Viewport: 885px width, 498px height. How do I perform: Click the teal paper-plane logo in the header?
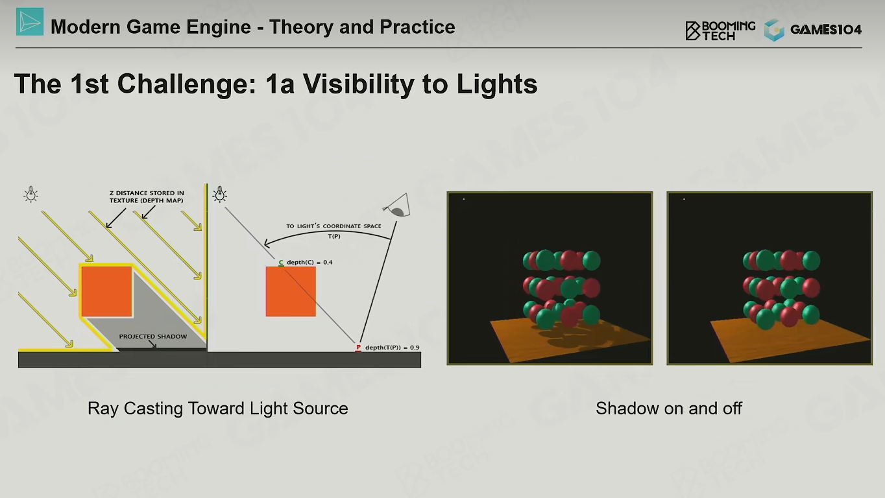pyautogui.click(x=30, y=21)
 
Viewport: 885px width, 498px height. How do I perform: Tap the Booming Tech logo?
pyautogui.click(x=720, y=30)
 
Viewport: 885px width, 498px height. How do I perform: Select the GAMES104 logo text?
pyautogui.click(x=826, y=30)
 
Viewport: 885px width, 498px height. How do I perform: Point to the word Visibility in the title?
pyautogui.click(x=358, y=84)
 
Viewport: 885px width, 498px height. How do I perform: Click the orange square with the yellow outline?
pyautogui.click(x=106, y=291)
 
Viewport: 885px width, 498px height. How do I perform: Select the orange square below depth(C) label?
pyautogui.click(x=291, y=291)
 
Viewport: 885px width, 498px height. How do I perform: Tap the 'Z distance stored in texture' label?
pyautogui.click(x=147, y=196)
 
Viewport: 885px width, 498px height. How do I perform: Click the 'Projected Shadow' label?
pyautogui.click(x=153, y=337)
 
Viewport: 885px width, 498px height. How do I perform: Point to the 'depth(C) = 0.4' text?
pyautogui.click(x=309, y=262)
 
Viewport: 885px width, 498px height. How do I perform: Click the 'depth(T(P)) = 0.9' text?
pyautogui.click(x=393, y=348)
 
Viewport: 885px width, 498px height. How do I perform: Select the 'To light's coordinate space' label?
pyautogui.click(x=334, y=226)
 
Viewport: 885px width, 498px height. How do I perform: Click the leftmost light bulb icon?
pyautogui.click(x=30, y=195)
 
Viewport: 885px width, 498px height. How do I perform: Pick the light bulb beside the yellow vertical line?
pyautogui.click(x=220, y=195)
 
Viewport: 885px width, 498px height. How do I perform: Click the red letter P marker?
pyautogui.click(x=358, y=348)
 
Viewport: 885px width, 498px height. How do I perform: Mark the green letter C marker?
pyautogui.click(x=281, y=263)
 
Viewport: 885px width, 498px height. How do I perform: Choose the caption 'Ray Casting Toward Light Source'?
pyautogui.click(x=218, y=409)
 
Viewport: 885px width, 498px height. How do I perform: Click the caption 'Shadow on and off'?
pyautogui.click(x=669, y=409)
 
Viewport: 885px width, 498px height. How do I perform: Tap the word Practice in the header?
pyautogui.click(x=417, y=27)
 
